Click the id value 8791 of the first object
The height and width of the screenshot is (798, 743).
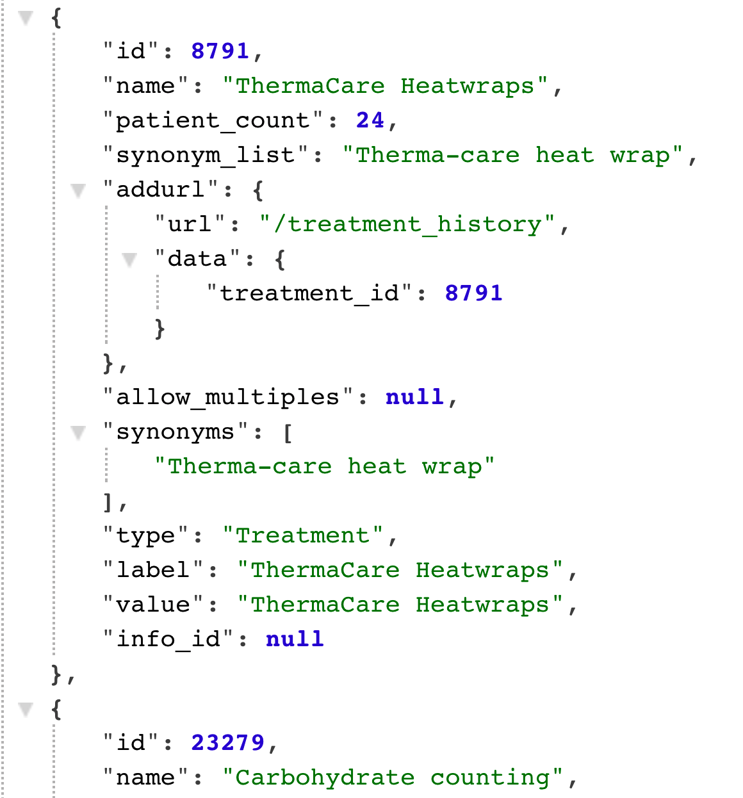220,51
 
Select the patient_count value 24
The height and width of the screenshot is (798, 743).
370,120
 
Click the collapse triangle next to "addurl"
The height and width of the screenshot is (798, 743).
78,190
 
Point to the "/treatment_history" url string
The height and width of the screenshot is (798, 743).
407,224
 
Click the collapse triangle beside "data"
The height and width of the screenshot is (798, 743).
129,259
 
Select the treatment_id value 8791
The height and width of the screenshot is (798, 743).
473,293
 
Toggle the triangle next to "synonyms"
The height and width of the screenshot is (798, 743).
78,433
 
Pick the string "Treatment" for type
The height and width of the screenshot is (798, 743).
303,535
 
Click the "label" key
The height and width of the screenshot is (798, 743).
153,569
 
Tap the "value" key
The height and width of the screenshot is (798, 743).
153,604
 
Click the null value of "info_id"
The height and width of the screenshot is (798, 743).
295,639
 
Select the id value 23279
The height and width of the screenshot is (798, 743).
227,742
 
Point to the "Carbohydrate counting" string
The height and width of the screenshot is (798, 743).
392,777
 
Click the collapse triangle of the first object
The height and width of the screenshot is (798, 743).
26,18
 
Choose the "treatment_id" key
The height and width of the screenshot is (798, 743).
309,293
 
